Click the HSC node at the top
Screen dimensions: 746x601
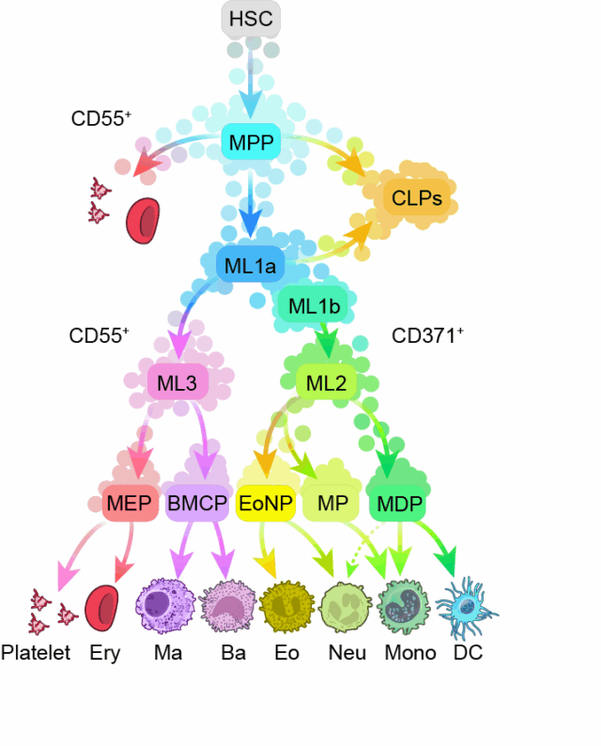(251, 20)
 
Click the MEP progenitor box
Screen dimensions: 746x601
(129, 504)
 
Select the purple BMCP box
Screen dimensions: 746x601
(196, 504)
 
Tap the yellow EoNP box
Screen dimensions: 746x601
(267, 504)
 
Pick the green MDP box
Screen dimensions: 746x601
(399, 504)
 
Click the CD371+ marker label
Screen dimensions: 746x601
(427, 335)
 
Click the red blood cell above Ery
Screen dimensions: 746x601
(100, 608)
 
